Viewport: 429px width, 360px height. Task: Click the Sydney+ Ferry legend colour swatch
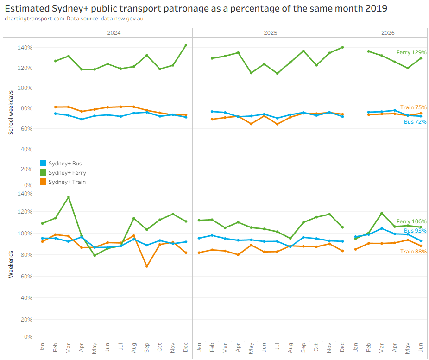click(x=43, y=172)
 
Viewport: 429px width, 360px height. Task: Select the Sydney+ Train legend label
click(x=67, y=182)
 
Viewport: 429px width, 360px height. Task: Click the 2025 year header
click(x=270, y=33)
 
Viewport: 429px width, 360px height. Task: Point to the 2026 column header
click(x=388, y=33)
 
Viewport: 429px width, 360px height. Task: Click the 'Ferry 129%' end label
click(x=411, y=52)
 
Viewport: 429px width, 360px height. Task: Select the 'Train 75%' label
click(x=413, y=107)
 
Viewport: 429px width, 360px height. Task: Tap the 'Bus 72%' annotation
click(x=415, y=122)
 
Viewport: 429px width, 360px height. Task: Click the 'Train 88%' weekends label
click(x=413, y=252)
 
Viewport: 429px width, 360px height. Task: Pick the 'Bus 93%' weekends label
click(x=415, y=231)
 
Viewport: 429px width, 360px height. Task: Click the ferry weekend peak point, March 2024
click(x=69, y=197)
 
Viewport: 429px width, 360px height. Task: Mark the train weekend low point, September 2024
click(x=147, y=266)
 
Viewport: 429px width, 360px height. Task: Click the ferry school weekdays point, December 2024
click(x=186, y=45)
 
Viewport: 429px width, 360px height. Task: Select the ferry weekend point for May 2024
click(x=95, y=255)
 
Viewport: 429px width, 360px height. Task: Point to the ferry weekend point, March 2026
click(x=382, y=214)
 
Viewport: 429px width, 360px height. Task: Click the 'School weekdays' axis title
click(x=11, y=113)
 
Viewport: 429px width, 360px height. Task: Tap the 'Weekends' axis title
click(x=11, y=264)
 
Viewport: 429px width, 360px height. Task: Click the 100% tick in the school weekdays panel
click(x=25, y=88)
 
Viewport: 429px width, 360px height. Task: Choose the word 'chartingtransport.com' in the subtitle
click(x=34, y=19)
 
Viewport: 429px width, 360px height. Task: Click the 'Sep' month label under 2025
click(x=303, y=347)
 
